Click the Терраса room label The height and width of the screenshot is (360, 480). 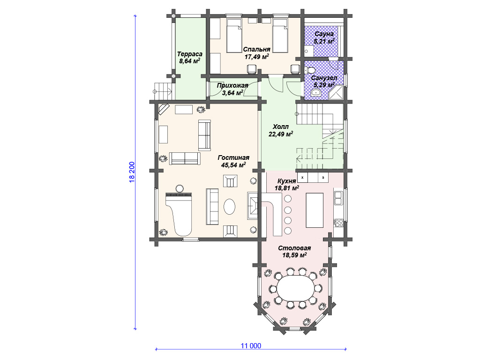pos(190,54)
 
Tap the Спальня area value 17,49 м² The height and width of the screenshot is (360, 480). pos(256,57)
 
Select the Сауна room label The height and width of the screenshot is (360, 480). pos(324,34)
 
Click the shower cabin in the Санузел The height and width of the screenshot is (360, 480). pos(337,91)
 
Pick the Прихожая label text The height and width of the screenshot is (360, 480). pos(232,86)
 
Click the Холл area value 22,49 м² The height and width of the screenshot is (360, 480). pos(281,134)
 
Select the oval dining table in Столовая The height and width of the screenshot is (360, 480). pos(295,288)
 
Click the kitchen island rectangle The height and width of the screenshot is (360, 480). pos(315,210)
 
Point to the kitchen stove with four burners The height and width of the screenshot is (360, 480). pos(338,223)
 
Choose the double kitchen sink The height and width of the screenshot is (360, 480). pos(338,198)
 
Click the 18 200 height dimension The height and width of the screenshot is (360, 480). pos(132,172)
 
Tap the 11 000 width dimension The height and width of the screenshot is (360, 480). pos(251,346)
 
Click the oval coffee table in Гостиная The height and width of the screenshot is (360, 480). pos(230,207)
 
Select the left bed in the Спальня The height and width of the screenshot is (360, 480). pos(234,36)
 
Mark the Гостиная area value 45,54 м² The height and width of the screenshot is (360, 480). pos(233,165)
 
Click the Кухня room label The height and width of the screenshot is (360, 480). pos(286,181)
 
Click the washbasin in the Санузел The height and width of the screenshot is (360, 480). pos(315,93)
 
